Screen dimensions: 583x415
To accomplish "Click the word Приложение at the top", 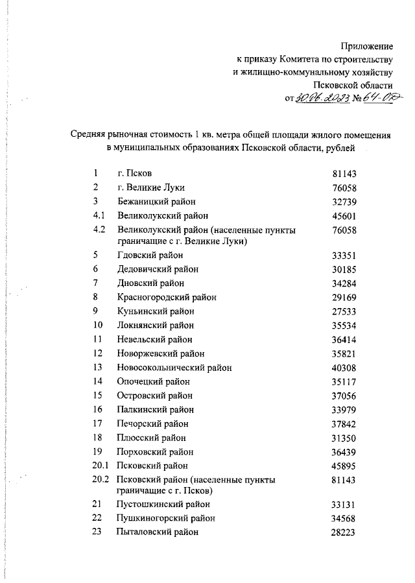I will point(367,46).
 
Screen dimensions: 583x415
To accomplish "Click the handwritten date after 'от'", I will point(322,98).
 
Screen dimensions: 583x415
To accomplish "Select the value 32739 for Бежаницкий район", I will point(345,201).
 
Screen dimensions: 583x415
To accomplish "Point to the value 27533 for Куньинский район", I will point(345,311).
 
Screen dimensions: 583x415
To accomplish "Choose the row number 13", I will point(98,367).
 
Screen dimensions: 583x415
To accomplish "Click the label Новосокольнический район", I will point(174,367).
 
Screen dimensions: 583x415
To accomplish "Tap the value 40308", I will point(345,367).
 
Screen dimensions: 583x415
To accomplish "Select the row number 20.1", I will point(101,466).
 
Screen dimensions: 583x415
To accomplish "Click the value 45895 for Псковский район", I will point(345,466).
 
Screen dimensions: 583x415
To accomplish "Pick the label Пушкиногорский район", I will point(166,518).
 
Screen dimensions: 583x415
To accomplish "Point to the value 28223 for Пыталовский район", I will point(345,532).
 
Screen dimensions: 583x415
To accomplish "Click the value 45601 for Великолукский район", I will point(345,215).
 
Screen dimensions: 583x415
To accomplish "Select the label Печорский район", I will point(153,423).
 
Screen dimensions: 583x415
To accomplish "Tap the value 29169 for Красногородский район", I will point(345,297).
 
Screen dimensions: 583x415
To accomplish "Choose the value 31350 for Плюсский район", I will point(345,438).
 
